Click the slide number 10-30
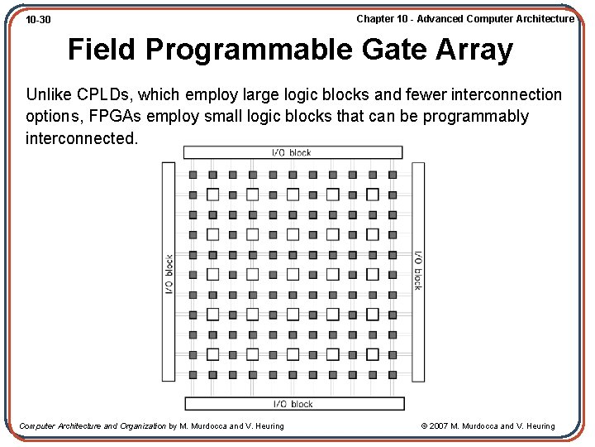(x=38, y=19)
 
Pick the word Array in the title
(x=480, y=50)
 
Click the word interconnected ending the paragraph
(x=82, y=137)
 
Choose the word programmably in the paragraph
(x=476, y=116)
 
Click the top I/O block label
(x=293, y=152)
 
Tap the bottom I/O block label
(x=293, y=404)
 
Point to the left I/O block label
(x=169, y=274)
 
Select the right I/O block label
(x=417, y=270)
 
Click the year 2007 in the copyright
(x=440, y=426)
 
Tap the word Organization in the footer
(x=136, y=426)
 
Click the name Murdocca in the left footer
(x=208, y=426)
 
